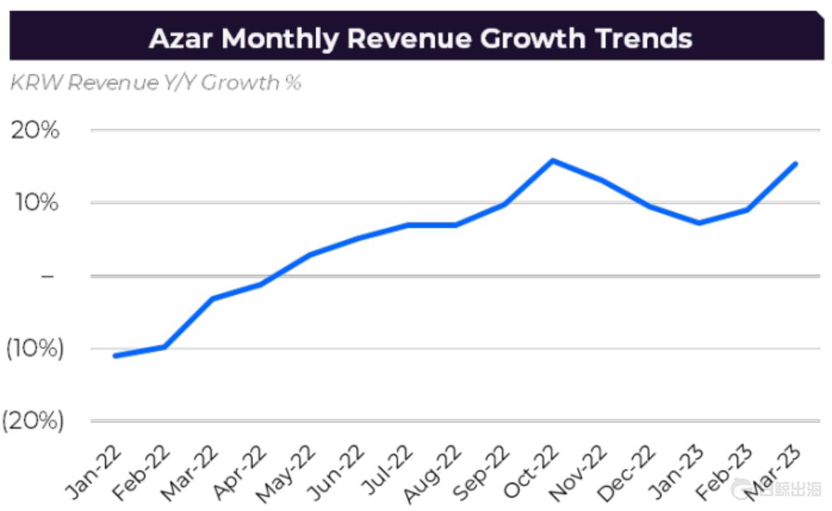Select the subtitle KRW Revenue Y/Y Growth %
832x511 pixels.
click(x=155, y=83)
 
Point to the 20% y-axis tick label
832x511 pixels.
click(x=35, y=131)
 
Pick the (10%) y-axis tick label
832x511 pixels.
click(x=35, y=348)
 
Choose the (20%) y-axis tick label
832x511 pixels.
click(x=33, y=421)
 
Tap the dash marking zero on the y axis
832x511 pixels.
click(x=47, y=275)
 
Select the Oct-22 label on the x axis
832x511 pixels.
click(x=529, y=473)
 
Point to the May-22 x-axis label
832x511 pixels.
click(x=288, y=473)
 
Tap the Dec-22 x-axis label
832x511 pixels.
click(x=626, y=473)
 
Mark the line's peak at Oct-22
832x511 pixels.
click(x=553, y=160)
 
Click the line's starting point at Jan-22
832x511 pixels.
click(x=115, y=356)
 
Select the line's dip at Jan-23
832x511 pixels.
click(x=699, y=223)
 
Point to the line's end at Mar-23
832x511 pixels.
click(x=796, y=164)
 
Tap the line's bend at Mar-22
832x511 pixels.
click(x=212, y=299)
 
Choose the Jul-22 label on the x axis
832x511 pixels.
click(x=385, y=473)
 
